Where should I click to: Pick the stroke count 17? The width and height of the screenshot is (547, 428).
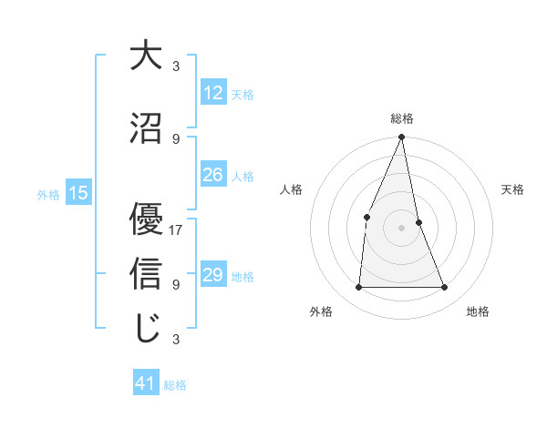pos(177,229)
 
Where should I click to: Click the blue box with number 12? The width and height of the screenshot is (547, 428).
pos(213,94)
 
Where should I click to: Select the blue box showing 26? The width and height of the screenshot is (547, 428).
pos(213,176)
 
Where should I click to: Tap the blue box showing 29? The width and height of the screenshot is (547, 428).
pos(213,276)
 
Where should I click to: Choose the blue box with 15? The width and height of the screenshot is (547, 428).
pos(78,193)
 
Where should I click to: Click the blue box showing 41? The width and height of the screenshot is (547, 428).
pos(146,384)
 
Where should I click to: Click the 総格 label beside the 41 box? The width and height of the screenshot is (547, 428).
pos(175,385)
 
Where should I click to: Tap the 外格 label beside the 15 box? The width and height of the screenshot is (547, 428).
pos(48,194)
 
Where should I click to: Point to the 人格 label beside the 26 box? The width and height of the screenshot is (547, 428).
pos(243,177)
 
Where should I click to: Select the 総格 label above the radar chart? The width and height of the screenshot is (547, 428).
pos(402,118)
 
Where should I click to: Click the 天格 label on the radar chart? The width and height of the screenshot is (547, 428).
pos(513,189)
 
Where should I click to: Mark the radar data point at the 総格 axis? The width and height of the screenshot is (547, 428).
pos(402,138)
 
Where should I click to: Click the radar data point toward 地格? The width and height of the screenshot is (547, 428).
pos(445,288)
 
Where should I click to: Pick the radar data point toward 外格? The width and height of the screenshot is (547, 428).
pos(359,288)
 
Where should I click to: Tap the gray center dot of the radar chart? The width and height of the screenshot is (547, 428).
pos(402,227)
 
